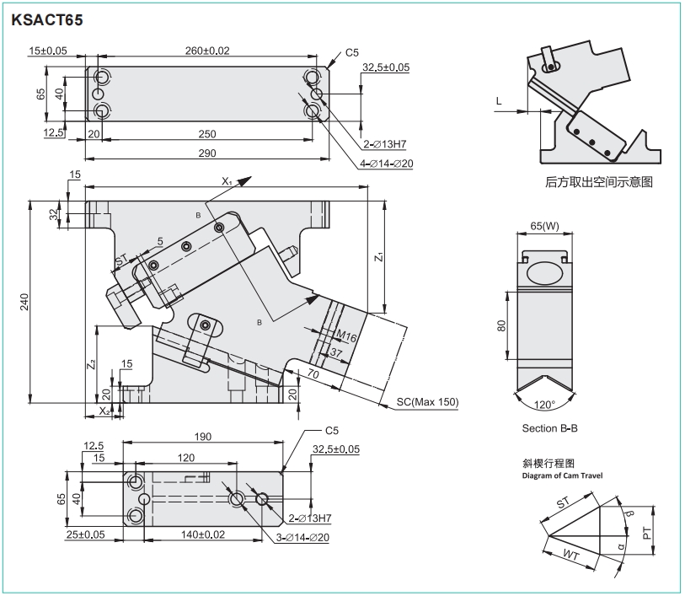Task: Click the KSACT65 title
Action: (47, 18)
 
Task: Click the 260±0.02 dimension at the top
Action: (206, 51)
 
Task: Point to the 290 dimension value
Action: (207, 153)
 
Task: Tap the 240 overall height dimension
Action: (23, 301)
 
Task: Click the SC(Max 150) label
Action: (427, 402)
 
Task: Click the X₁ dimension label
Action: (227, 181)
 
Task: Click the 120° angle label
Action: (545, 405)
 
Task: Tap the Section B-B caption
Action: (549, 428)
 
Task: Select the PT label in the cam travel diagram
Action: (646, 534)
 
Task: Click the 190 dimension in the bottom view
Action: (202, 438)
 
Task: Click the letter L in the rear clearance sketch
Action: (499, 101)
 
